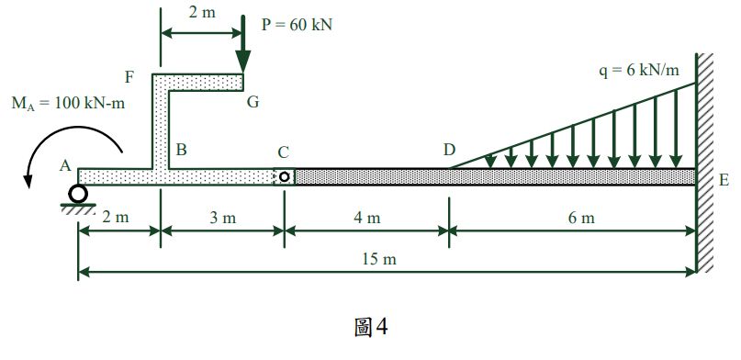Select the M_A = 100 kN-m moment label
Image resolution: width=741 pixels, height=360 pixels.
pyautogui.click(x=68, y=103)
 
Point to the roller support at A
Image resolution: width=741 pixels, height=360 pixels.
pyautogui.click(x=78, y=194)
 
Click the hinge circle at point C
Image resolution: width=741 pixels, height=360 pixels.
pyautogui.click(x=285, y=176)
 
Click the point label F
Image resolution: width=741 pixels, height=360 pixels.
pyautogui.click(x=131, y=75)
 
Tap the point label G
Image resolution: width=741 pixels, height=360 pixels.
pyautogui.click(x=252, y=102)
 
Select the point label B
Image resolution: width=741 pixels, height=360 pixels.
pyautogui.click(x=182, y=150)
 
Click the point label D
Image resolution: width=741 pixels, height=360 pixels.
pyautogui.click(x=449, y=150)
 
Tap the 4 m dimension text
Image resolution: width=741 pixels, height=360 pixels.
pyautogui.click(x=366, y=218)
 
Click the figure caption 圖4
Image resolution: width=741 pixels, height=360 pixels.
pyautogui.click(x=372, y=327)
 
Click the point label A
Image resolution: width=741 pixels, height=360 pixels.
pyautogui.click(x=64, y=165)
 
